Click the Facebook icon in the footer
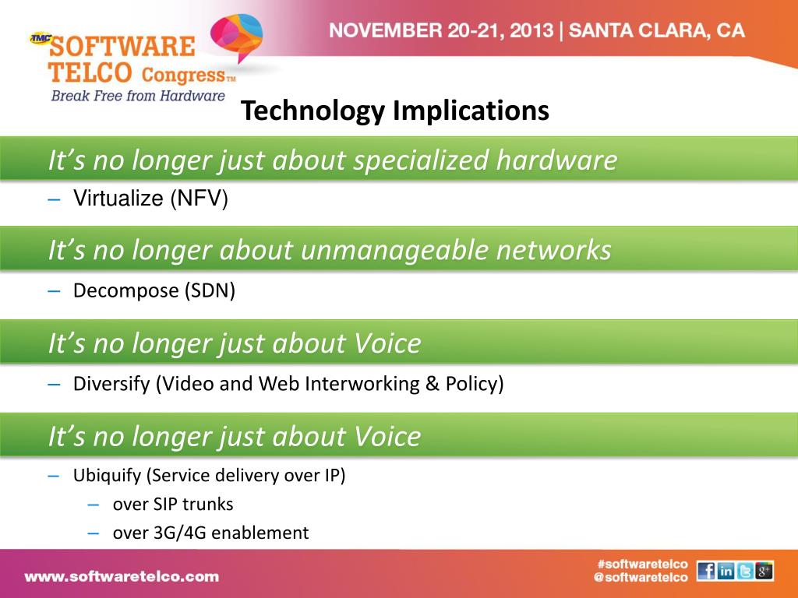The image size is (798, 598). [x=706, y=571]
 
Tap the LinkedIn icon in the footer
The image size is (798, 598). [x=726, y=571]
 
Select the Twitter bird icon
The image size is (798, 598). [x=745, y=571]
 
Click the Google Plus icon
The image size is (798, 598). [x=764, y=571]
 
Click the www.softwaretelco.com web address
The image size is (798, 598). [x=122, y=577]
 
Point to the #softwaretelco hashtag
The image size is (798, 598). [x=643, y=564]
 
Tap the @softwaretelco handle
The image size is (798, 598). [x=641, y=577]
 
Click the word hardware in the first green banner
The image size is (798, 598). [x=556, y=160]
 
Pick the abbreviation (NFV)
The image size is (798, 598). [x=199, y=199]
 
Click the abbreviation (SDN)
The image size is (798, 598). [x=210, y=291]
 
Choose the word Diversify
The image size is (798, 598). [x=111, y=383]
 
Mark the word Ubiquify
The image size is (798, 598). [x=108, y=476]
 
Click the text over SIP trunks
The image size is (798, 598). [x=173, y=504]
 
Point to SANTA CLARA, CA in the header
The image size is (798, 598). [x=656, y=30]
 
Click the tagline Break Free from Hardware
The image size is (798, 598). [x=138, y=96]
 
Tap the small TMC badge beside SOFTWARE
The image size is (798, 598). [x=41, y=37]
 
